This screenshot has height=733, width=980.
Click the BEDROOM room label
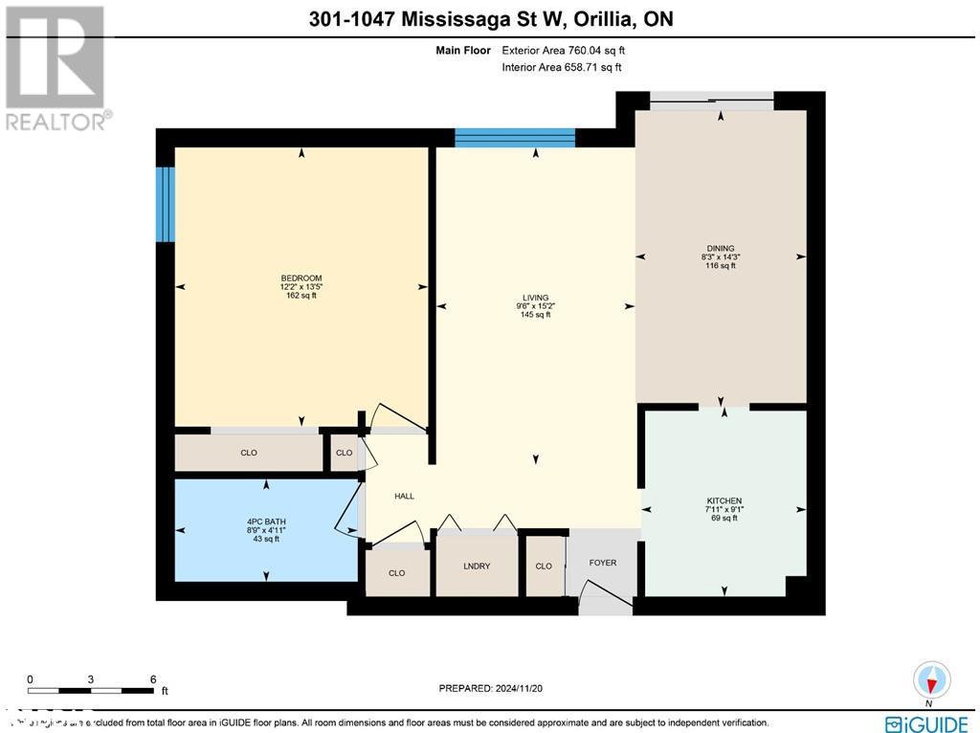coord(301,278)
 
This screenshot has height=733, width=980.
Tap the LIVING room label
coord(535,298)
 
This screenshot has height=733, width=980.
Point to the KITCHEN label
coord(724,501)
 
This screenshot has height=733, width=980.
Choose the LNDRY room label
coord(477,566)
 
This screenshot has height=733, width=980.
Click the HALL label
coord(404,496)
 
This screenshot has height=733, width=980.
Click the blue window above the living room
coord(515,138)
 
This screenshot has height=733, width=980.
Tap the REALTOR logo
coord(56,68)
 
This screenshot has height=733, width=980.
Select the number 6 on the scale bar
coord(153,678)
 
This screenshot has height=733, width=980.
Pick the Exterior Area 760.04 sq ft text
coord(564,51)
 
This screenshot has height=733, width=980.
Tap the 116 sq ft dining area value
coord(721,265)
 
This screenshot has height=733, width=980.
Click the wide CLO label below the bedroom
coord(249,453)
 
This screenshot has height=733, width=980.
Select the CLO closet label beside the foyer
coord(544,566)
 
